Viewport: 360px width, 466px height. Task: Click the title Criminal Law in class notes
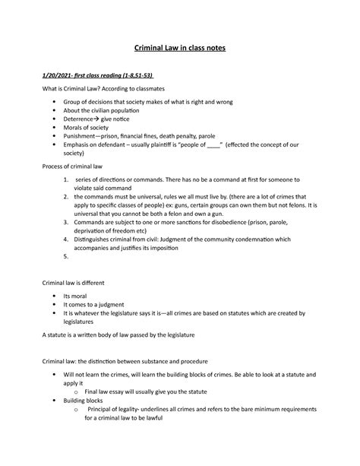pyautogui.click(x=180, y=49)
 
